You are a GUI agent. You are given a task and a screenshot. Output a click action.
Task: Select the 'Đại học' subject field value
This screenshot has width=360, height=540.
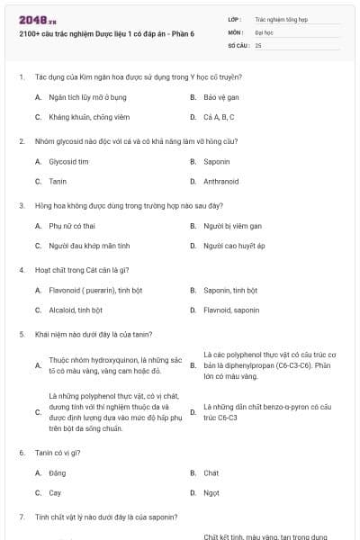click(x=264, y=31)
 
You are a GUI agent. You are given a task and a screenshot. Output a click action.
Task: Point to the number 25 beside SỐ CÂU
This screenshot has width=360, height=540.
click(x=258, y=44)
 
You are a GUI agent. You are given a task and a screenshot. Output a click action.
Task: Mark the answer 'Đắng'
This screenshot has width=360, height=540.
click(x=58, y=472)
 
